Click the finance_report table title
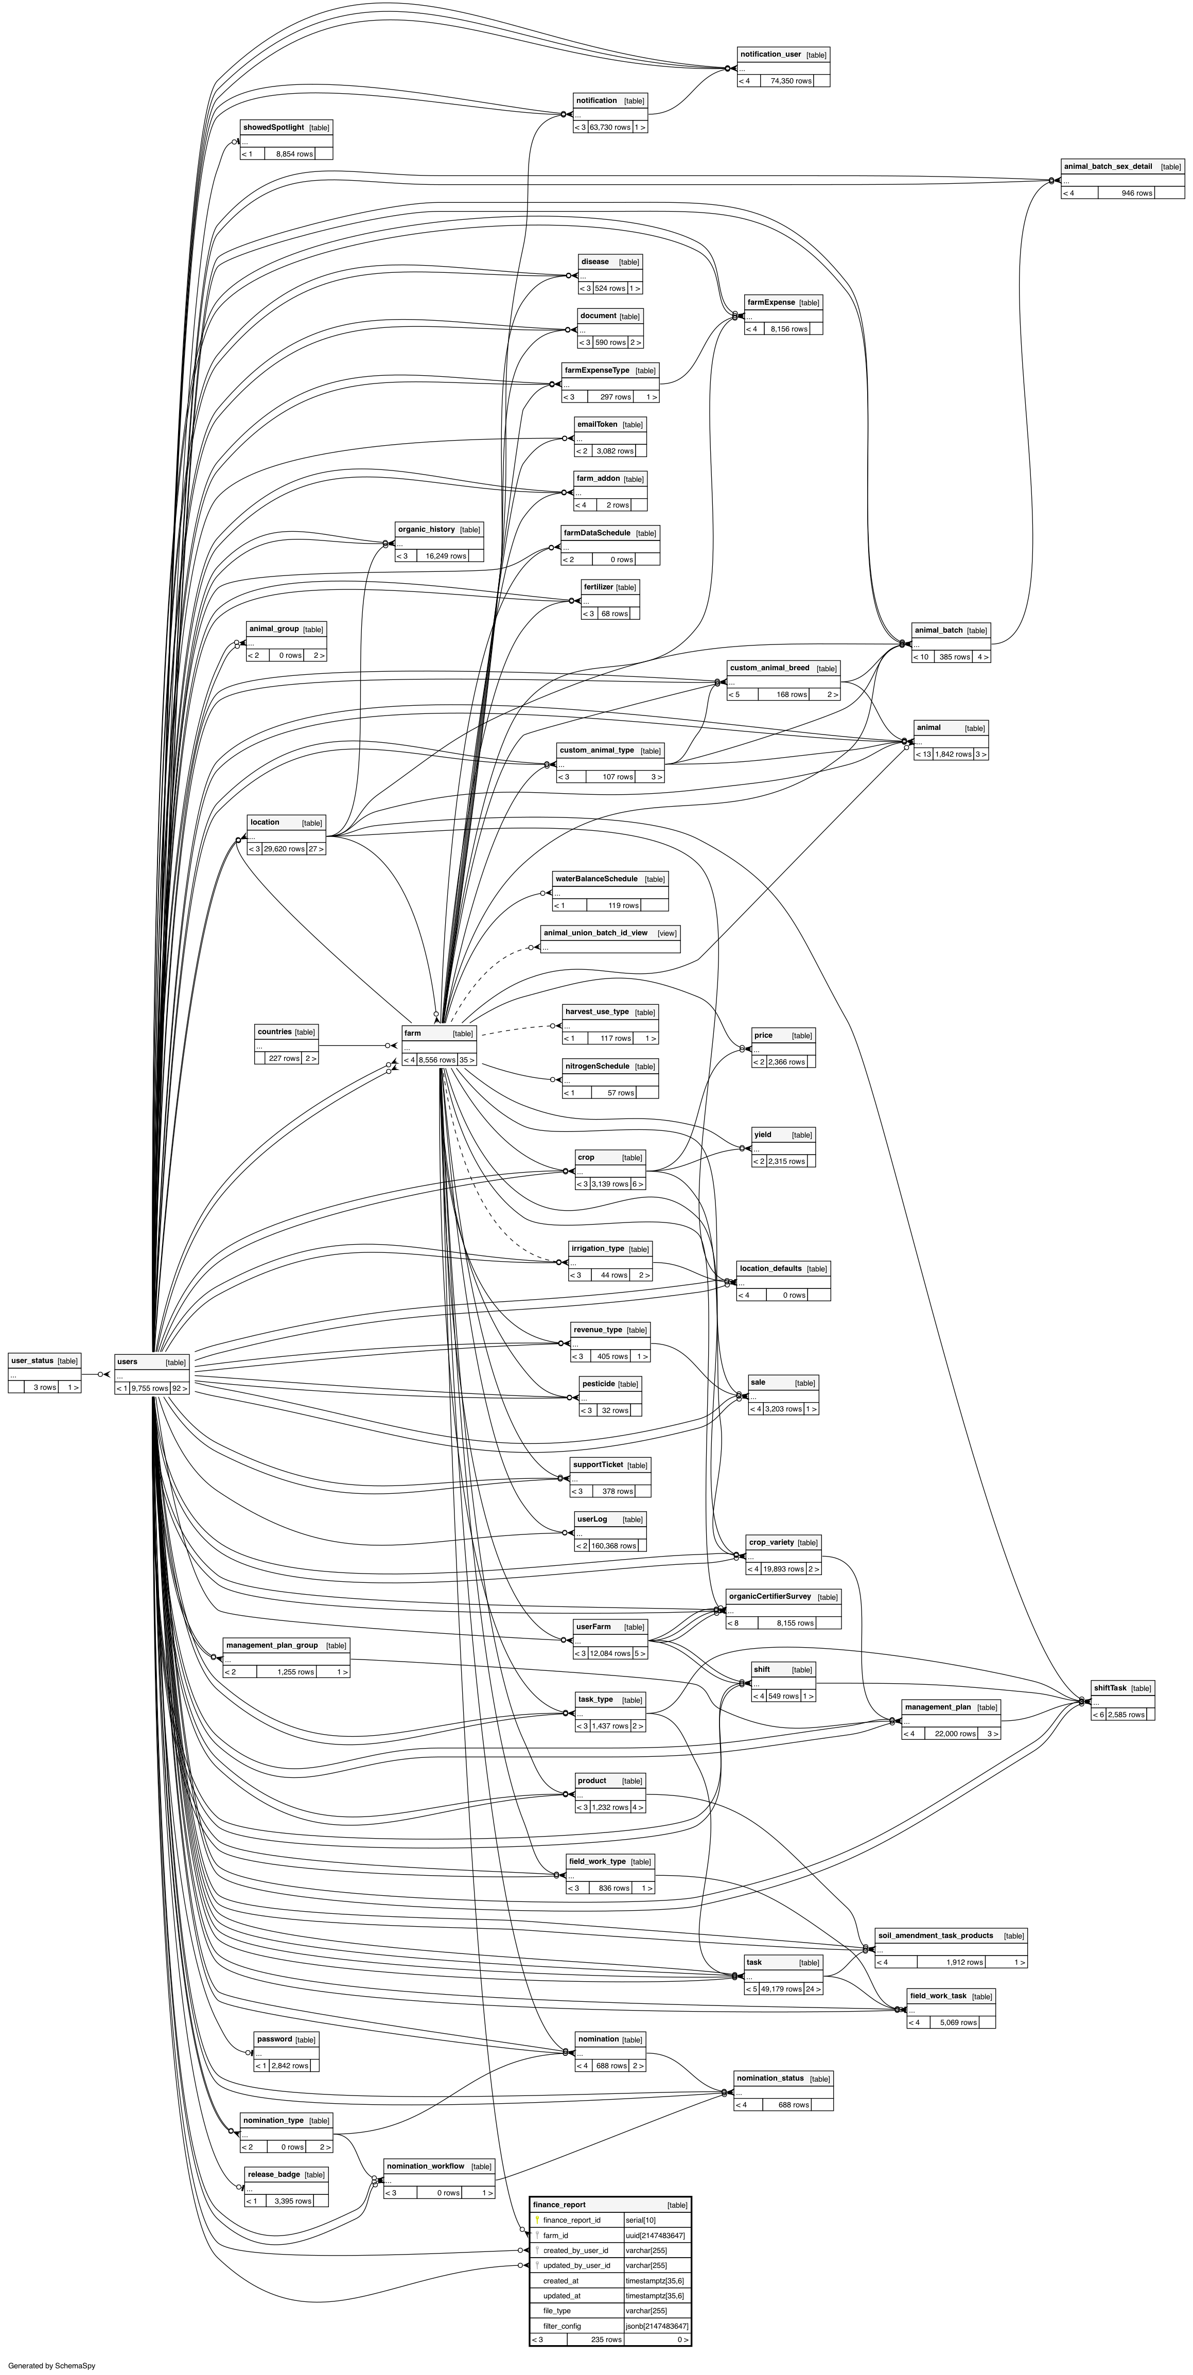pyautogui.click(x=559, y=2205)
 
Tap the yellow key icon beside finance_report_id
pyautogui.click(x=537, y=2220)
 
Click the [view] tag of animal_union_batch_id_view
pyautogui.click(x=666, y=933)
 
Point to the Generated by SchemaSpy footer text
pyautogui.click(x=51, y=2366)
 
